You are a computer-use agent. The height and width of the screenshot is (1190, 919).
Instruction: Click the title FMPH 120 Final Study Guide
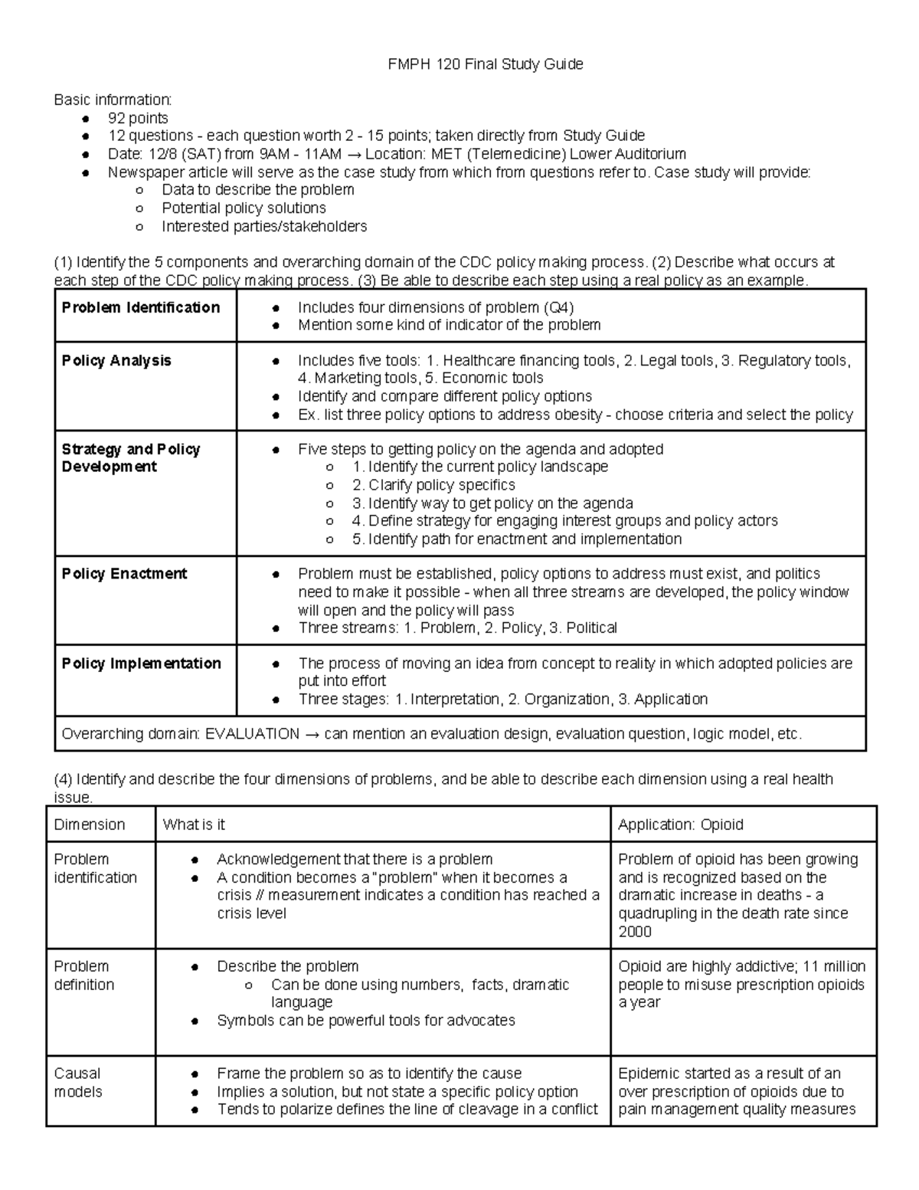[486, 64]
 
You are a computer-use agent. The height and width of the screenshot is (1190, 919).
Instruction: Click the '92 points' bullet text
[138, 118]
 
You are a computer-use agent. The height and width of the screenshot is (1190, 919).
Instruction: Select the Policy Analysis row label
[116, 360]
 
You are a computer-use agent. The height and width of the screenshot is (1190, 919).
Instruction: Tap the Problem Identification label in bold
[141, 307]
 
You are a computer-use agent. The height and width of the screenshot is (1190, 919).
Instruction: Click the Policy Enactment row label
[124, 573]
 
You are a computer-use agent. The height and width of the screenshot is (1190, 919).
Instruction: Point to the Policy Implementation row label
[141, 663]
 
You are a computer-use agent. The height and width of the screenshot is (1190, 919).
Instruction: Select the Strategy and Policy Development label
[130, 457]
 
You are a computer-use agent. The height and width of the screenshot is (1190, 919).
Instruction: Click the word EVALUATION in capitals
[252, 733]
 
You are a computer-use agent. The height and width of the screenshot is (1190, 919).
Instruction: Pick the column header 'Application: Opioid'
[680, 824]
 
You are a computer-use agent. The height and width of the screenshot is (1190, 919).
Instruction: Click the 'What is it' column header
[194, 824]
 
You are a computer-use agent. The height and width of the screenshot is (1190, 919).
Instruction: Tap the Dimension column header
[89, 824]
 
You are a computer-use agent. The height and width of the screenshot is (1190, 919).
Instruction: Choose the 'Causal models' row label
[77, 1082]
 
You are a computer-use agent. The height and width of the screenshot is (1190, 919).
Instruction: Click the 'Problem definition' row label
[83, 975]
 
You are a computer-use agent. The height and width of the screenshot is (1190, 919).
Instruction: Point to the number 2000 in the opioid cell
[635, 931]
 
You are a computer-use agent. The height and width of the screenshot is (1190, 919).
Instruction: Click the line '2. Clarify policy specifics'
[433, 485]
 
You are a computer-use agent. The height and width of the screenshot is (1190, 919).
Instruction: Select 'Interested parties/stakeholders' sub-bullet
[264, 226]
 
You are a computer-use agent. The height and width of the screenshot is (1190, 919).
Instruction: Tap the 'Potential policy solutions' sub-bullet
[244, 208]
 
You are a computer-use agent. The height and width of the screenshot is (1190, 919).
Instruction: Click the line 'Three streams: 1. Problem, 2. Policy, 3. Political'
[457, 628]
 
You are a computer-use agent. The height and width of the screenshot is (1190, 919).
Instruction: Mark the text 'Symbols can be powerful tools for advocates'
[365, 1020]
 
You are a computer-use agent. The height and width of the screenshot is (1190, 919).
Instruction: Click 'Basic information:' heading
[113, 100]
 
